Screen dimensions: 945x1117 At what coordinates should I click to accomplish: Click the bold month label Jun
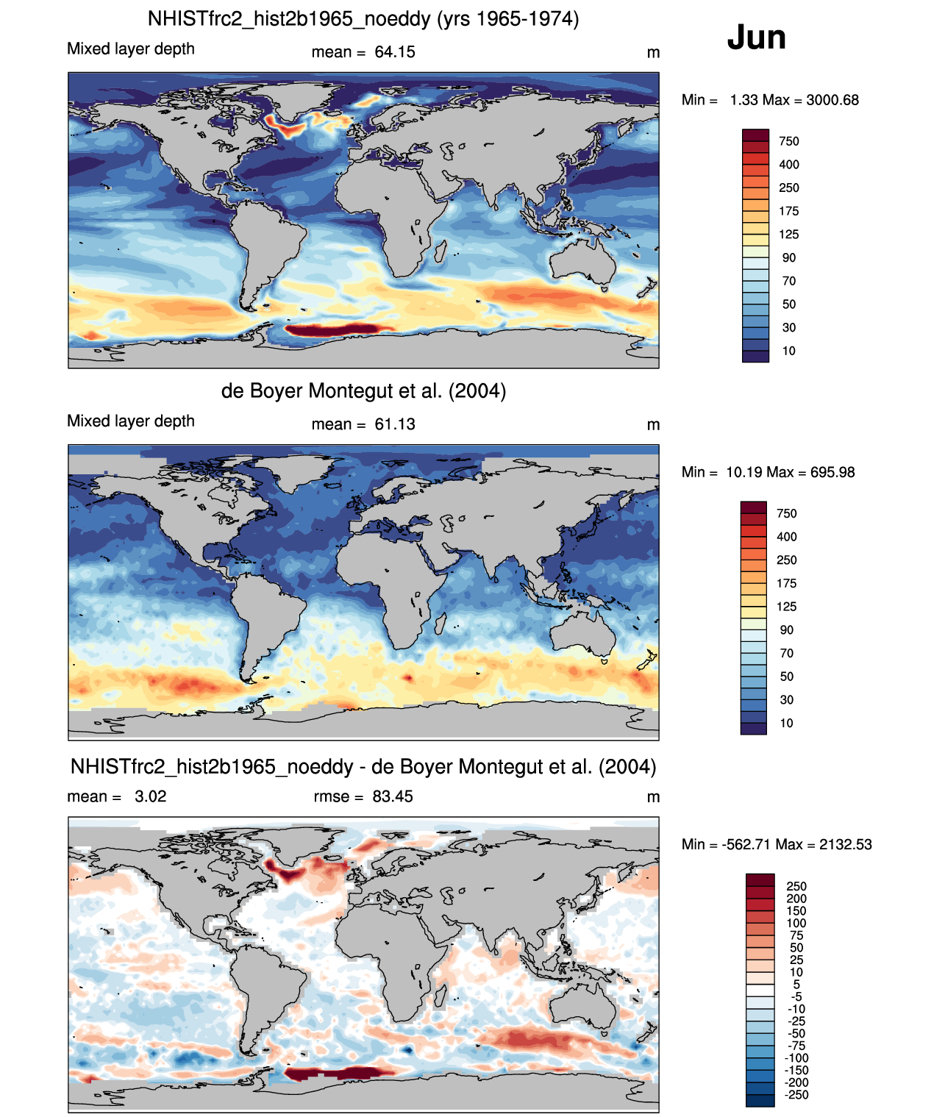point(756,38)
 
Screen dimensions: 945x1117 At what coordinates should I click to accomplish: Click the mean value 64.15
point(394,52)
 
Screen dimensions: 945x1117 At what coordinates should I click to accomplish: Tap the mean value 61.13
point(394,424)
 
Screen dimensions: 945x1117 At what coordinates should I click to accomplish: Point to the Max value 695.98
point(830,472)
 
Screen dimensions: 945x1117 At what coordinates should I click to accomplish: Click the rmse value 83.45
point(392,796)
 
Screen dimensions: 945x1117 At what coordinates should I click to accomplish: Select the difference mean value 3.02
point(150,796)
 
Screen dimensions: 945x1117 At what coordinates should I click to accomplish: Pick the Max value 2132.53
point(845,844)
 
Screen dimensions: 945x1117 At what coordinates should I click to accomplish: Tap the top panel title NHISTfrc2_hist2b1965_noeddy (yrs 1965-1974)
point(363,19)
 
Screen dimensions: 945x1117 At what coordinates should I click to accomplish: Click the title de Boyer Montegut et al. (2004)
point(363,390)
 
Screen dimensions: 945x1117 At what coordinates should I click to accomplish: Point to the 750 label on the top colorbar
point(789,141)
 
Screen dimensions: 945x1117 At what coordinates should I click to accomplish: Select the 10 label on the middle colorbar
point(787,723)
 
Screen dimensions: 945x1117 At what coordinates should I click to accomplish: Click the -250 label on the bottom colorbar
point(797,1095)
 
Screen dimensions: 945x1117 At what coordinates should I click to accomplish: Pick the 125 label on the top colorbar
point(789,235)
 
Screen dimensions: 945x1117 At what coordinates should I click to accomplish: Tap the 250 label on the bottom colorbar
point(796,886)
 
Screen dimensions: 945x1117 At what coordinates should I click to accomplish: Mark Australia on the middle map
point(583,632)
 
